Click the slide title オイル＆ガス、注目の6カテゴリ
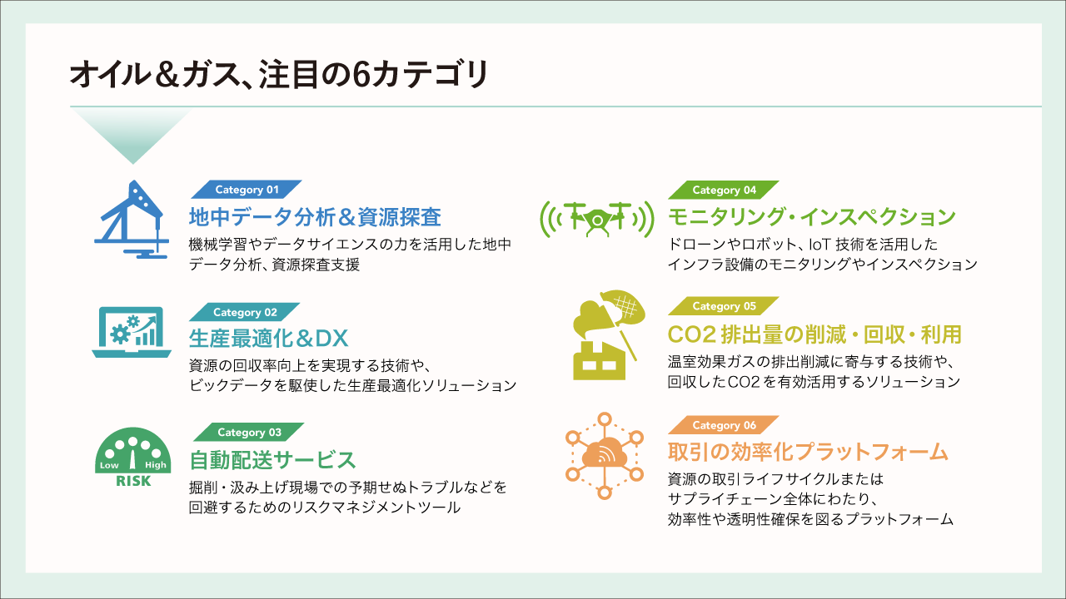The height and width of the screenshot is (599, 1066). (x=278, y=74)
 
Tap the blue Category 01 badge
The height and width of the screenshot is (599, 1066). (x=247, y=190)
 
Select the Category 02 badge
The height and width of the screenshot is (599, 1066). (x=245, y=312)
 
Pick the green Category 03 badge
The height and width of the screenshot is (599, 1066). (x=249, y=432)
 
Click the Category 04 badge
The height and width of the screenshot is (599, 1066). (x=724, y=190)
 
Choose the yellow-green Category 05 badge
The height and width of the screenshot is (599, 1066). (x=724, y=306)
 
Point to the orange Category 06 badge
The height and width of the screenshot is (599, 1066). (x=724, y=425)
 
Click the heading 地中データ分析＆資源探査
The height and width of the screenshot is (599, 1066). (x=315, y=218)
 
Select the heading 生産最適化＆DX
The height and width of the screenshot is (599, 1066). (x=268, y=339)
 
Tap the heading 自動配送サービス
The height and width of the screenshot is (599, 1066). (x=273, y=459)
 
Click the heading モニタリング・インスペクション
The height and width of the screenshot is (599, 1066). (x=812, y=217)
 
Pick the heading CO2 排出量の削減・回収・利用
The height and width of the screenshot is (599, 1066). (x=814, y=334)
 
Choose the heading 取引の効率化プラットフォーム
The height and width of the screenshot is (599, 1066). (x=808, y=453)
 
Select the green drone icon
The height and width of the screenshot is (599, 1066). (x=595, y=218)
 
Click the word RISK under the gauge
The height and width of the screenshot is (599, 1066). (x=133, y=481)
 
